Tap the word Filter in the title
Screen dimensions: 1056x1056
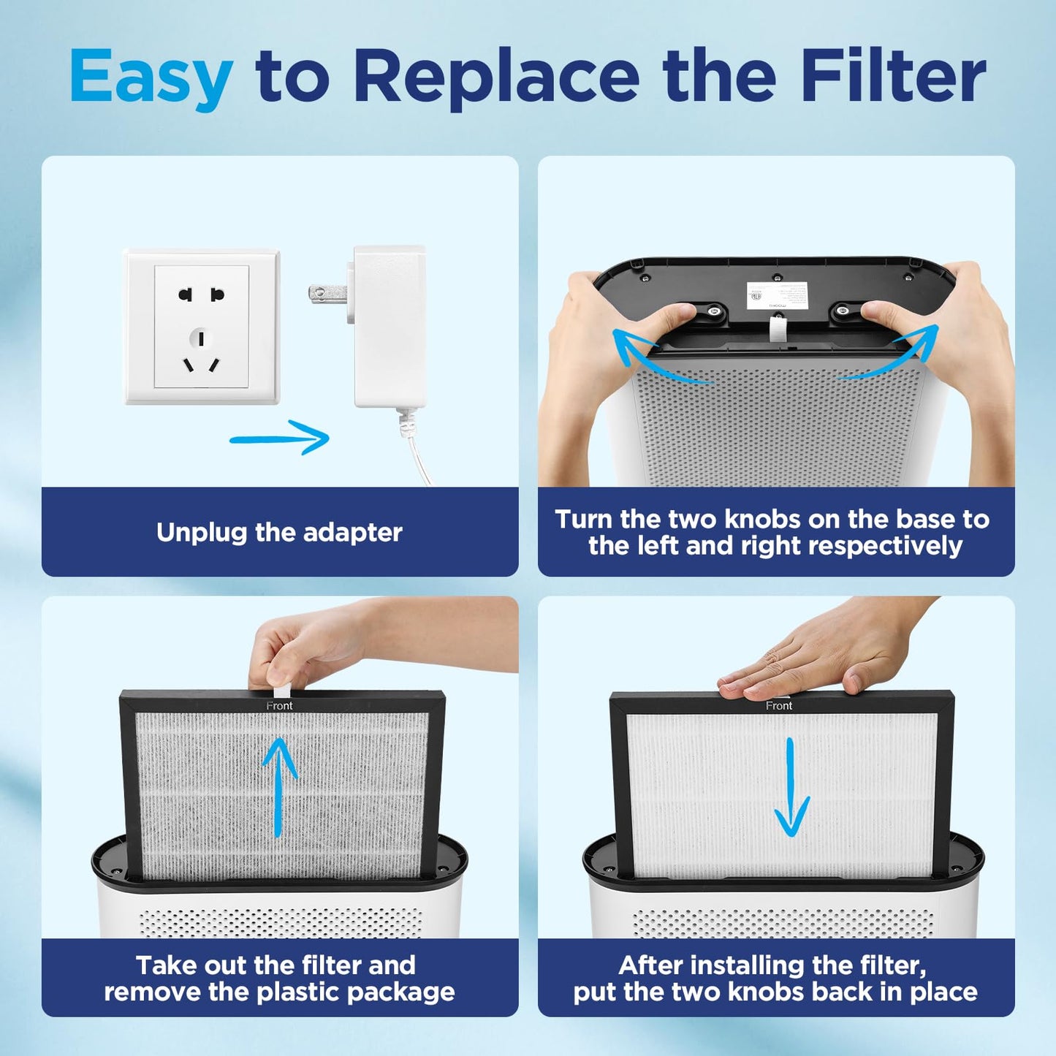click(893, 76)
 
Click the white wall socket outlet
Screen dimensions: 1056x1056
click(202, 327)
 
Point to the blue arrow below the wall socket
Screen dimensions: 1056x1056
click(281, 437)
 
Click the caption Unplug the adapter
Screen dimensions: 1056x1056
click(279, 532)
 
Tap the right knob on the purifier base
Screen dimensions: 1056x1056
click(843, 312)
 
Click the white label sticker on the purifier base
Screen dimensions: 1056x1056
click(777, 295)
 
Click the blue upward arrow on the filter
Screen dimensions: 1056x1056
click(278, 786)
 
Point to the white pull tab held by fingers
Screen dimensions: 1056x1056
click(281, 690)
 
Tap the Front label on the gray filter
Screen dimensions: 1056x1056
click(279, 705)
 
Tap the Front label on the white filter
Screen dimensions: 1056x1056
click(778, 705)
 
